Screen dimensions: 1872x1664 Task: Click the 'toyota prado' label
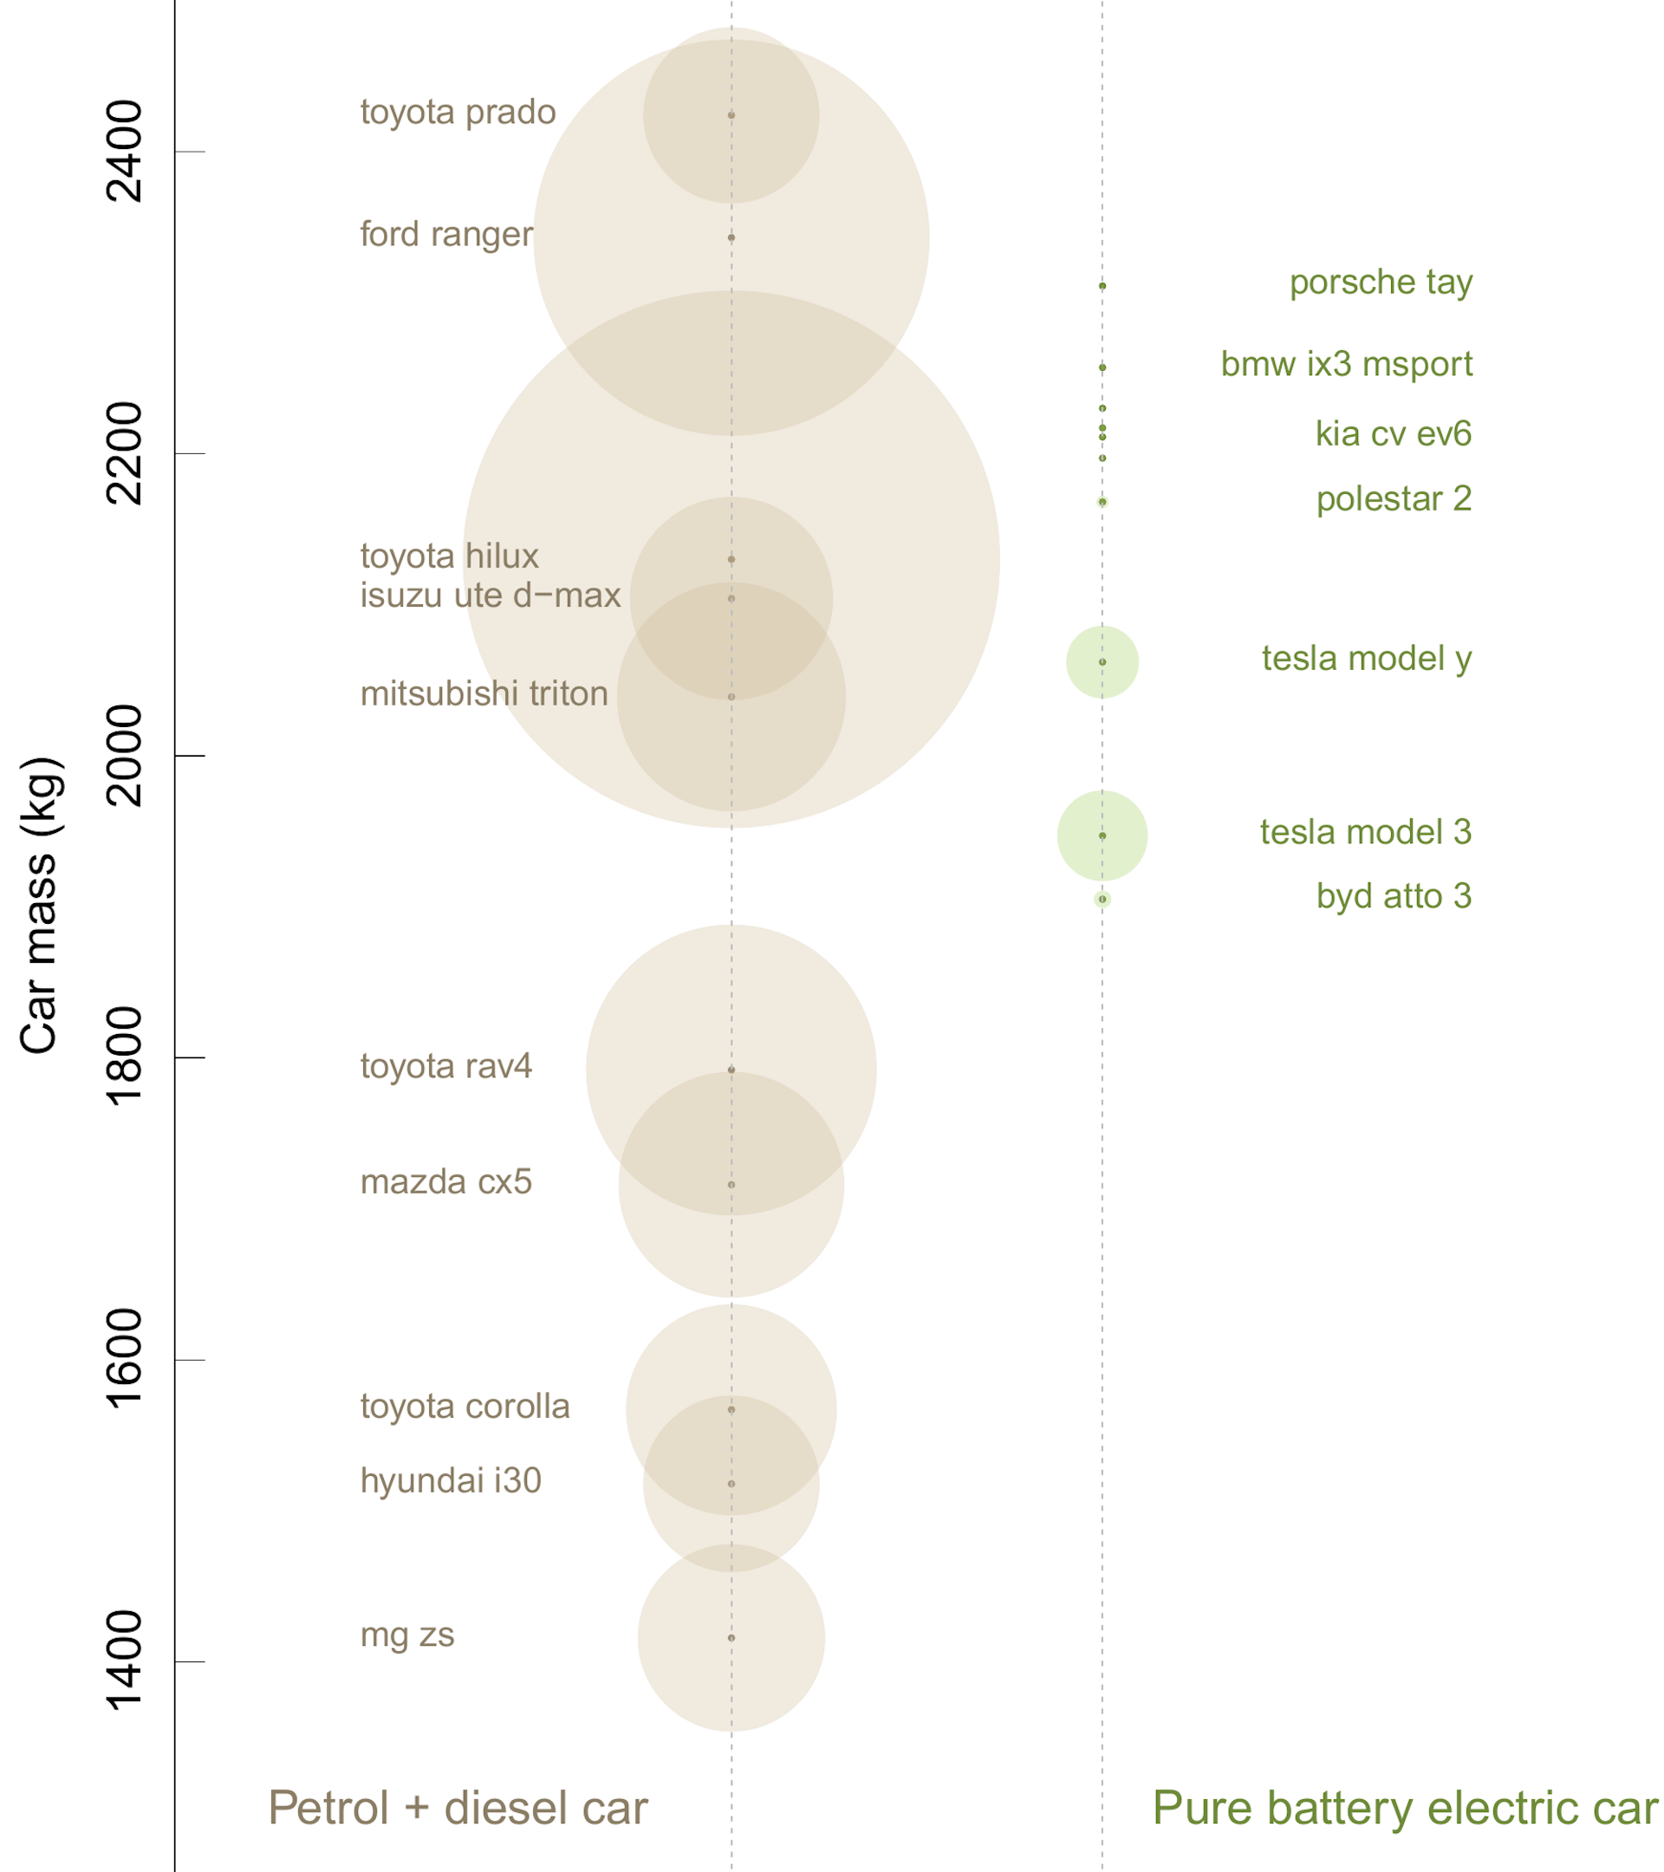457,112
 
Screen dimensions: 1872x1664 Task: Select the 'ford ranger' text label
446,235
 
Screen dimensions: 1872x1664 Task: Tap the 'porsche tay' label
1380,282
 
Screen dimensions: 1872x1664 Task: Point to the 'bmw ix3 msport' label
1345,365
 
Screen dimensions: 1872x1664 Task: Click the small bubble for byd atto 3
1102,900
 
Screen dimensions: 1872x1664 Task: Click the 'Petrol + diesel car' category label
458,1808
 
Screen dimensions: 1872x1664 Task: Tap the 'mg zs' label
406,1635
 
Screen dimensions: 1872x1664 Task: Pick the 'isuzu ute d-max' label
490,595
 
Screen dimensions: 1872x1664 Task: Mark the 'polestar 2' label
1393,499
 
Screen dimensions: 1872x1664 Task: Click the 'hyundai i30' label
451,1481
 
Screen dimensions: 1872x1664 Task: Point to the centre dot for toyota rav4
731,1069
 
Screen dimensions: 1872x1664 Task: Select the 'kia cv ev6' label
1393,434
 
